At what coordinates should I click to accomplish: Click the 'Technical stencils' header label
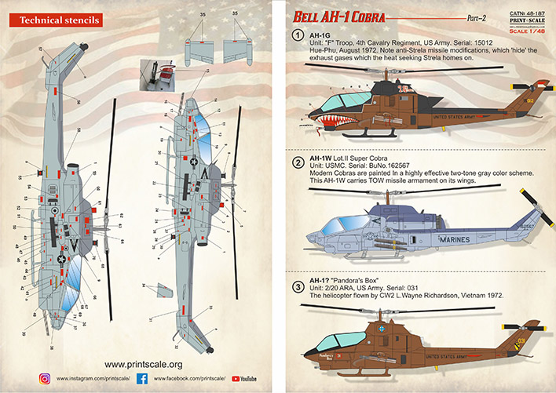tap(51, 16)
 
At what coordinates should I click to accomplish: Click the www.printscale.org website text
tap(143, 364)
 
